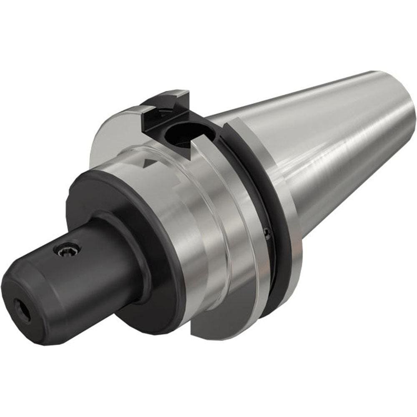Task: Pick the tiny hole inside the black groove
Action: point(266,232)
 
